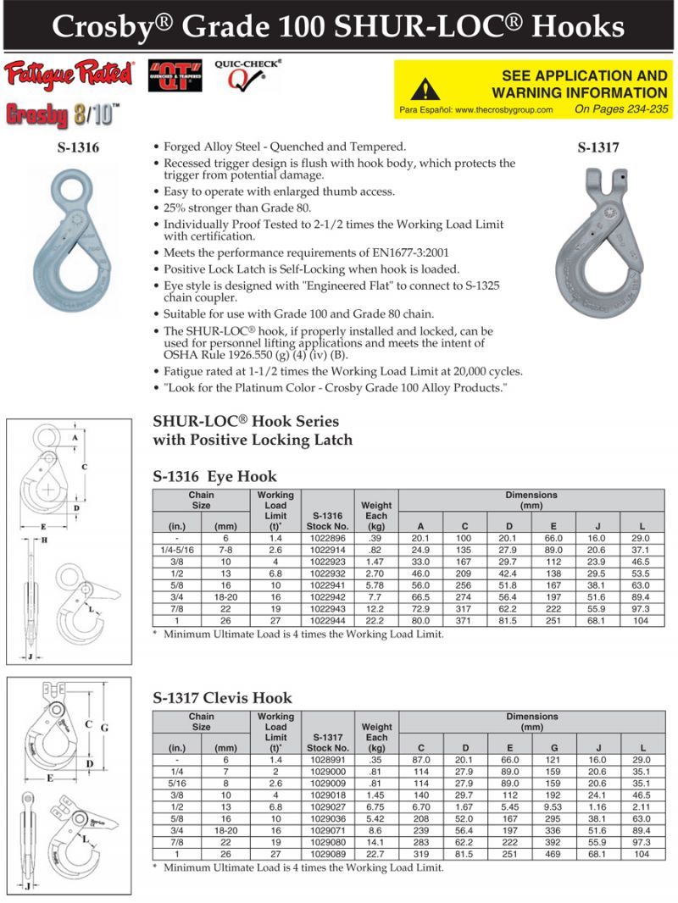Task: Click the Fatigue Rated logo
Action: pyautogui.click(x=69, y=75)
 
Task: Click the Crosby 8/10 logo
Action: pyautogui.click(x=63, y=113)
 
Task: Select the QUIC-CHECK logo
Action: pyautogui.click(x=247, y=75)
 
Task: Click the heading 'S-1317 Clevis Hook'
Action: pyautogui.click(x=222, y=698)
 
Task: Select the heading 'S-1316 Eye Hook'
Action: pyautogui.click(x=214, y=476)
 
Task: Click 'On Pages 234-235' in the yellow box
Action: pyautogui.click(x=620, y=109)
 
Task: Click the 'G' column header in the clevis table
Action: pyautogui.click(x=554, y=748)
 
